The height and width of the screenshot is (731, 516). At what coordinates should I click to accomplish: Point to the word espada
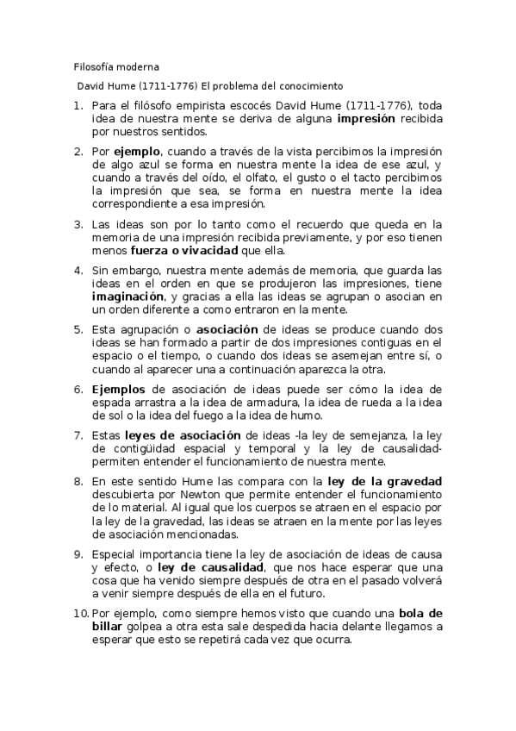pyautogui.click(x=111, y=403)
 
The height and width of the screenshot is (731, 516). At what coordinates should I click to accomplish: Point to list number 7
pyautogui.click(x=78, y=434)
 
